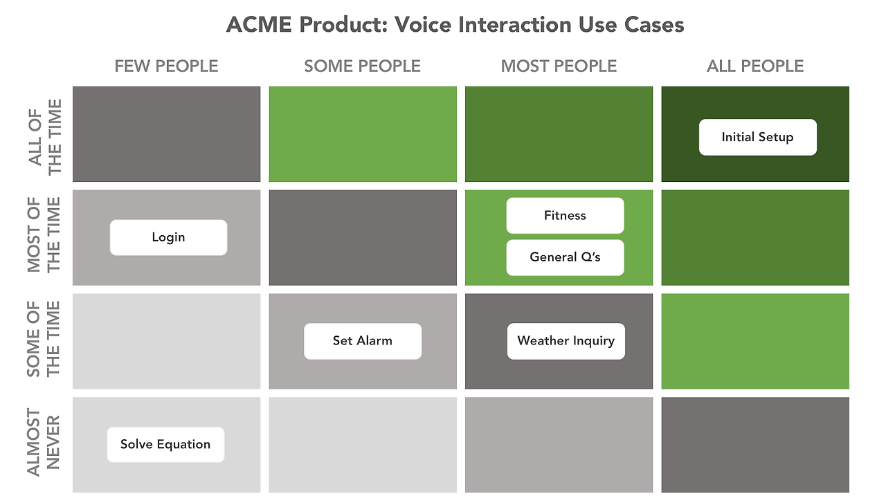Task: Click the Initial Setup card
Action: [x=757, y=137]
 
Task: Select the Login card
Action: [x=168, y=237]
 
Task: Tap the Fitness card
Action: [x=565, y=216]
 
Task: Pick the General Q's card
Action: [x=565, y=257]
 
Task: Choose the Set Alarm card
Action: [x=362, y=341]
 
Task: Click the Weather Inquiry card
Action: [x=566, y=341]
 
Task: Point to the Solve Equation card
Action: [x=165, y=445]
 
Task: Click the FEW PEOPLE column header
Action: [x=166, y=66]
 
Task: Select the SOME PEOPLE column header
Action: [x=362, y=66]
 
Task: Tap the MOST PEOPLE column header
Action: [x=559, y=66]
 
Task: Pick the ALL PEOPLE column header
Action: [x=755, y=66]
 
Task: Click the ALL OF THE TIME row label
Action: [x=45, y=135]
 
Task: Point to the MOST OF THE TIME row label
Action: [x=45, y=235]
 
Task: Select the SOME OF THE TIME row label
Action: [x=45, y=340]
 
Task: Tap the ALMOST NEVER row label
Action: [x=45, y=443]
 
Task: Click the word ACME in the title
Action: [x=260, y=26]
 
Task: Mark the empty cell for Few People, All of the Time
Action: [x=166, y=134]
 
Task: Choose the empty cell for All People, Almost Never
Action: [x=755, y=445]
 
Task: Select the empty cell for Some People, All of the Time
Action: [x=363, y=134]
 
